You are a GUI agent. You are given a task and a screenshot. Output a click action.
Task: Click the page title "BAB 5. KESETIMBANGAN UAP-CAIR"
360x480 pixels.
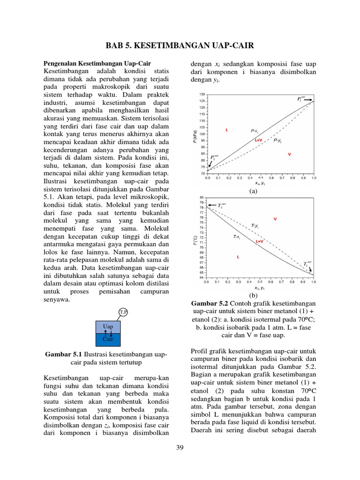[180, 45]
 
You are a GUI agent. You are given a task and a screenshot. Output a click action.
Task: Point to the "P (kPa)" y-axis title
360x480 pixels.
[195, 134]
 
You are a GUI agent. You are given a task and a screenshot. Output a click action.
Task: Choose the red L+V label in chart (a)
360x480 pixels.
[258, 140]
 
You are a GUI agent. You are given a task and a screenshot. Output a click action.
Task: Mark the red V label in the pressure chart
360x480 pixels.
[289, 154]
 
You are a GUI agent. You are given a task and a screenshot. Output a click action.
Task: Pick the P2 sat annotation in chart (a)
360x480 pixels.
[214, 158]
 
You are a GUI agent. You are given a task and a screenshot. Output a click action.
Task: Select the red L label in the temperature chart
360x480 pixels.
[238, 257]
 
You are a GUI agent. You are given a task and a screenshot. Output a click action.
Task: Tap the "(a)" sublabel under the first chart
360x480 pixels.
[254, 191]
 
